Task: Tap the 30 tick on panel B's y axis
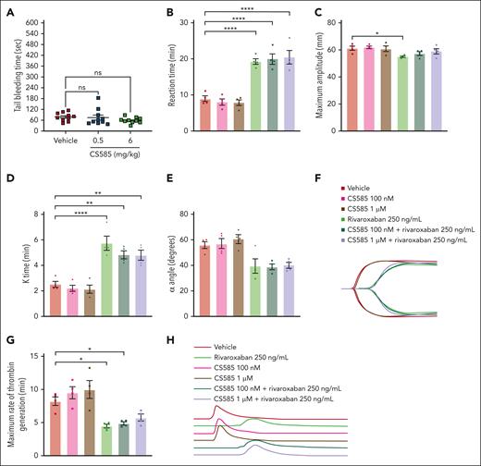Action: point(190,20)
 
